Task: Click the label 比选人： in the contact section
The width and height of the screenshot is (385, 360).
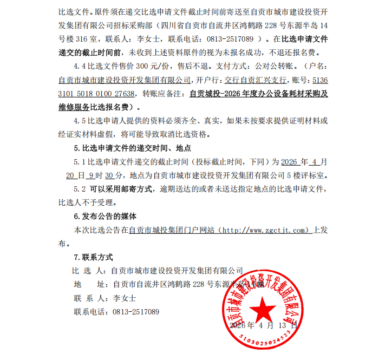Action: coord(89,270)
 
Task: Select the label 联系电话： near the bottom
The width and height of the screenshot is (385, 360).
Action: coord(92,312)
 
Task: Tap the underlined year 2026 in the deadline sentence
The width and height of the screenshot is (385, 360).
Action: coord(290,162)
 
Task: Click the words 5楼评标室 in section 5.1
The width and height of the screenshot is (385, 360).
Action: coord(311,175)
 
